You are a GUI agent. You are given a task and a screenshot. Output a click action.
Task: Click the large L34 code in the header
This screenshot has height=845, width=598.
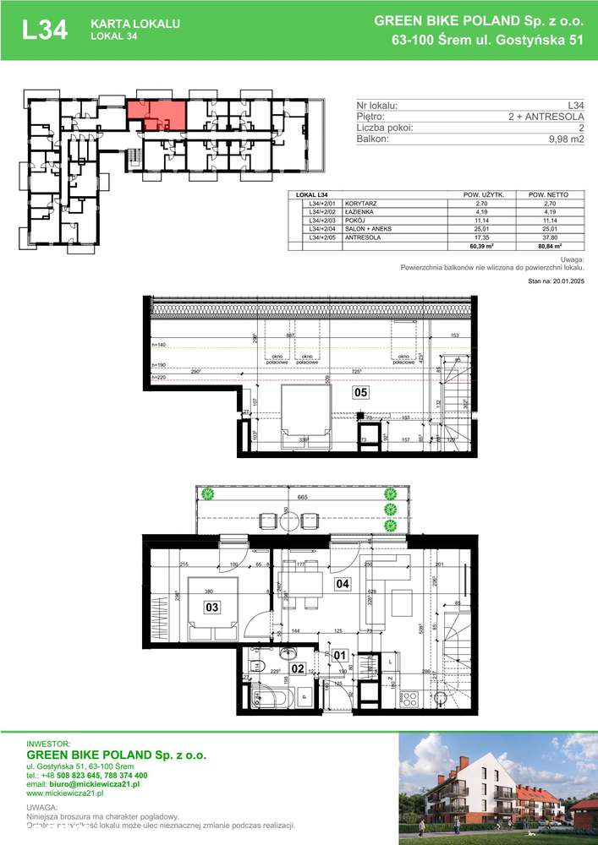(x=45, y=30)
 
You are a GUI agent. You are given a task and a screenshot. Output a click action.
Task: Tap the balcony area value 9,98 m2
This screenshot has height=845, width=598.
(x=566, y=140)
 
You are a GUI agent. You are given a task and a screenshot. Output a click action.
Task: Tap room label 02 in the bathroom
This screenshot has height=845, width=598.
(x=297, y=668)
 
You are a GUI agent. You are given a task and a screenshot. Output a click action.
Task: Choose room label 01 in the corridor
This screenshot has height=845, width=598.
(x=340, y=654)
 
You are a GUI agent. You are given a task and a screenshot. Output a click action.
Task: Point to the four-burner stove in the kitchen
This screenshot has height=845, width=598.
(x=409, y=699)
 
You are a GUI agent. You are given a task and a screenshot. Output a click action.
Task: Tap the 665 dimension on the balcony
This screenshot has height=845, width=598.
(x=301, y=499)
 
